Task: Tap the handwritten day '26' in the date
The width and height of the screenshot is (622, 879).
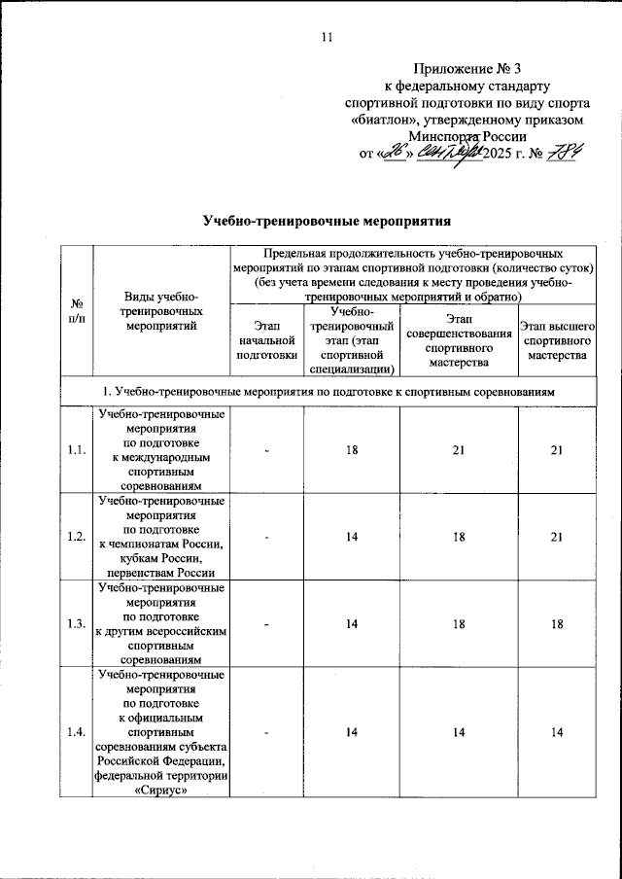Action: [x=394, y=153]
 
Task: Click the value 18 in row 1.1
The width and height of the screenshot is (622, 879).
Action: [x=351, y=448]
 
